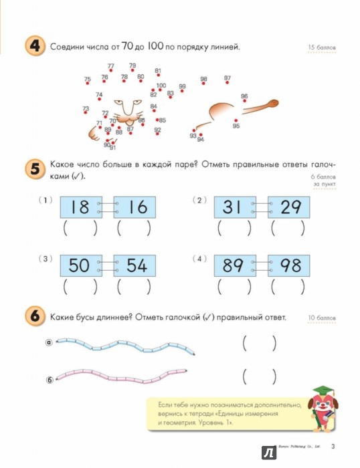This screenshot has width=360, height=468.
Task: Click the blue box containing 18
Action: [80, 207]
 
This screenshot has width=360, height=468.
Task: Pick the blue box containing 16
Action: [134, 207]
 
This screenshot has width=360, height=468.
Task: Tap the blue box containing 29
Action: [290, 207]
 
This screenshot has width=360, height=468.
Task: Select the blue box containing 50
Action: [80, 265]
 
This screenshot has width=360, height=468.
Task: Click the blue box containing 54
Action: [134, 265]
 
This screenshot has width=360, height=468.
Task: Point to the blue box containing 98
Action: [290, 265]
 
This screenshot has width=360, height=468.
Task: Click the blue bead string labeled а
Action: [124, 346]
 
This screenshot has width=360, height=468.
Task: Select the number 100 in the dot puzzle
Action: [161, 86]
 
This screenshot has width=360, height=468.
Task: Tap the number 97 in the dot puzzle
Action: [228, 78]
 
